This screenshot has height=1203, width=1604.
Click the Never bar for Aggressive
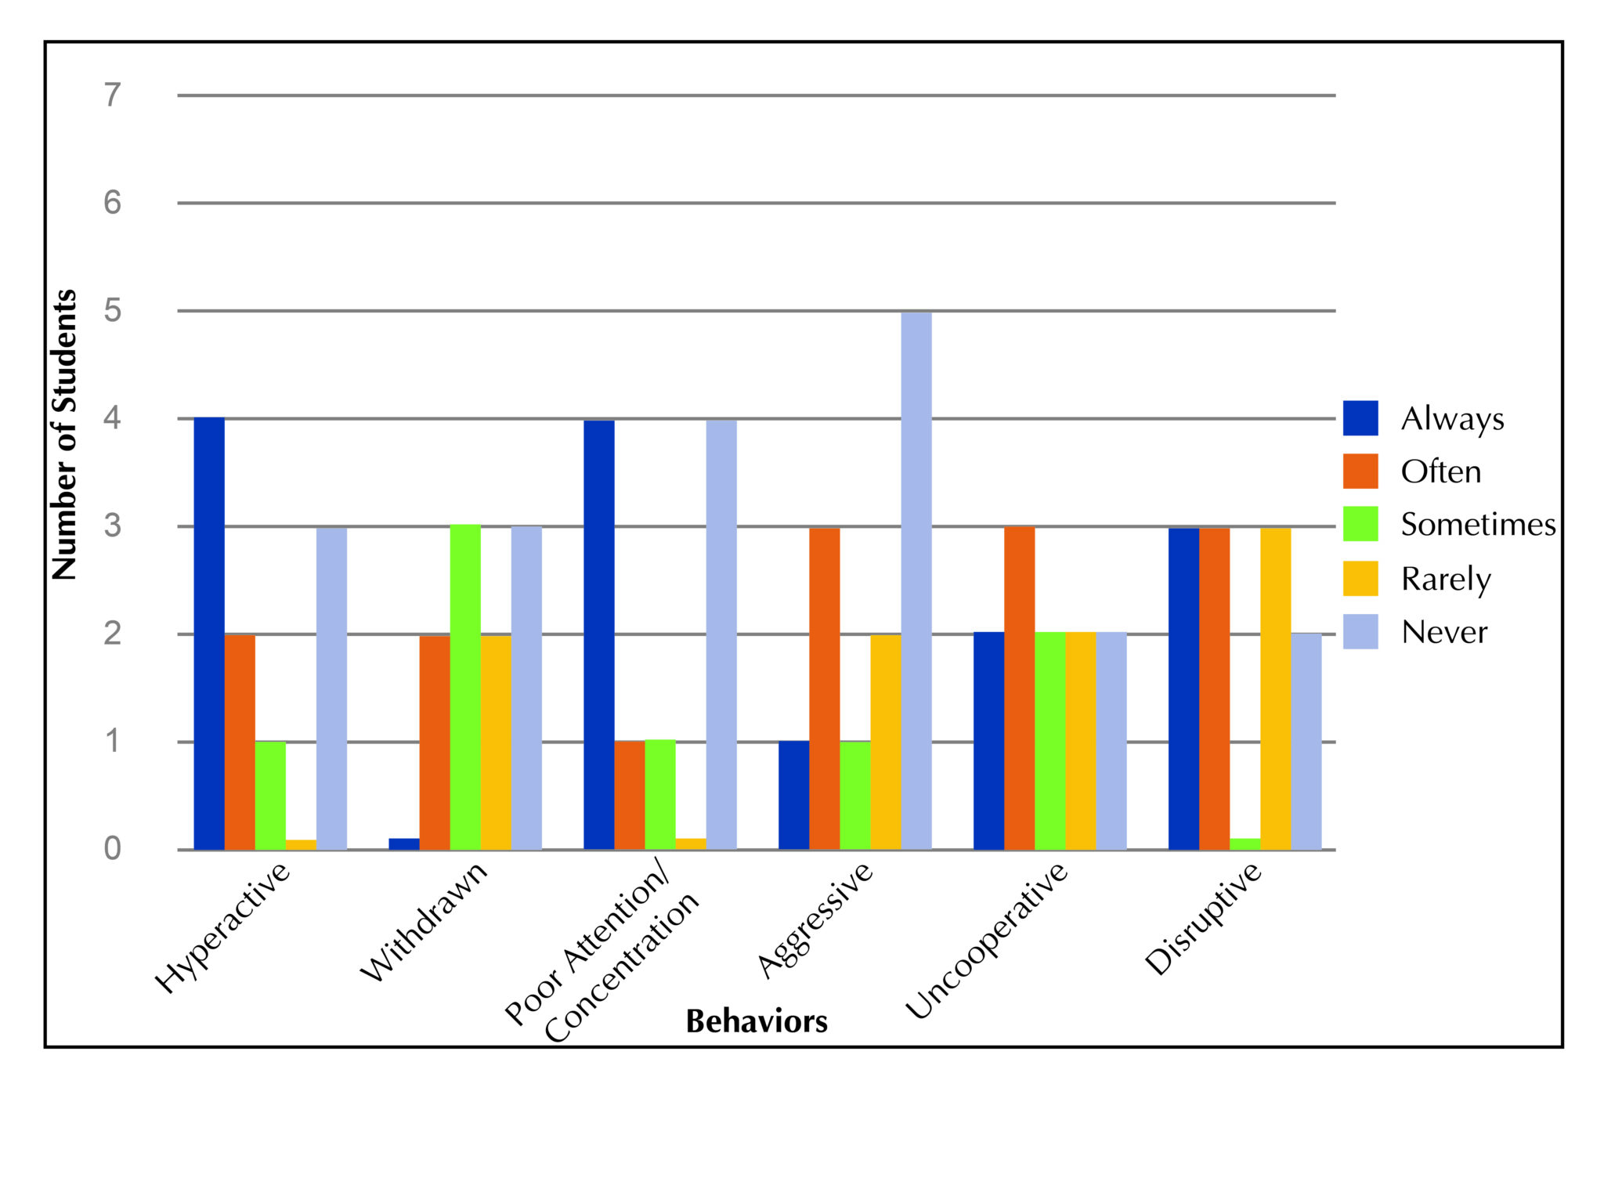(x=916, y=580)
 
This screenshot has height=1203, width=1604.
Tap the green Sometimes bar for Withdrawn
(x=465, y=687)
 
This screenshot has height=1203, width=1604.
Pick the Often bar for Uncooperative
(x=1019, y=688)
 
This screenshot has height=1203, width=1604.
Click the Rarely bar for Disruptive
(x=1275, y=688)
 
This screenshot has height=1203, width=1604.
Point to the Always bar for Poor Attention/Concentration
(x=599, y=634)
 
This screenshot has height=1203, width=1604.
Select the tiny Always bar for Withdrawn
(x=404, y=844)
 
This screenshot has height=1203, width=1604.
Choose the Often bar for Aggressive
(x=824, y=688)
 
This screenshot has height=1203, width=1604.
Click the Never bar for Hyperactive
(x=331, y=688)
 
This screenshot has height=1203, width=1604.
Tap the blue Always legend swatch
(x=1360, y=418)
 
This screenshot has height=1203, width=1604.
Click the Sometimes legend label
(x=1478, y=525)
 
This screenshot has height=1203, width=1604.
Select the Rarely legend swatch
(x=1360, y=579)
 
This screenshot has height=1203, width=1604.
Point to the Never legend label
(x=1443, y=632)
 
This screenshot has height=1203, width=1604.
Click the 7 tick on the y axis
(x=113, y=96)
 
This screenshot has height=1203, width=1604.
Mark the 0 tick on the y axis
(x=113, y=849)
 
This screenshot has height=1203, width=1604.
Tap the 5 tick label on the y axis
(x=113, y=311)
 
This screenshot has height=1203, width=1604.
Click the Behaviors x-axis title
(x=757, y=1021)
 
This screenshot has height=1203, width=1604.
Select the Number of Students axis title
(x=65, y=435)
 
